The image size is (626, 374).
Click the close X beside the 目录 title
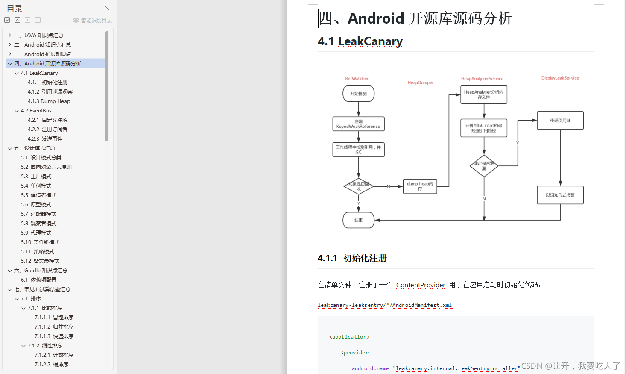point(107,8)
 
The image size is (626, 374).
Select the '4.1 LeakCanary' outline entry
point(39,73)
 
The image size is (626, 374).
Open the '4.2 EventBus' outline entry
point(36,111)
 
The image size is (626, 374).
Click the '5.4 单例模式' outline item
point(36,186)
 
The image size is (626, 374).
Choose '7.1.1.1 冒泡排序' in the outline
point(54,318)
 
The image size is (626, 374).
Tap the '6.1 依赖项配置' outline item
point(38,280)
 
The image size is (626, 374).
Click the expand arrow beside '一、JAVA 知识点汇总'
point(10,35)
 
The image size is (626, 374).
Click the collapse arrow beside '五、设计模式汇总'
point(10,148)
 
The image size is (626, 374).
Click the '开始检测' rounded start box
point(358,94)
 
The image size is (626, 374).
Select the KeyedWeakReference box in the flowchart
point(358,124)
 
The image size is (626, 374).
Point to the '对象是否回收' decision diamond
point(359,186)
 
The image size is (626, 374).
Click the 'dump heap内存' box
point(420,186)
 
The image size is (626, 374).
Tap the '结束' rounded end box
point(358,220)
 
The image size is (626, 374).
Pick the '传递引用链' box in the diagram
point(560,121)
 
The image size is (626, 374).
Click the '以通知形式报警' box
point(560,195)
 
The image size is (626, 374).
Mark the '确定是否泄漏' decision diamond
point(484,166)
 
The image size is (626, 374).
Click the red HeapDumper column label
point(421,82)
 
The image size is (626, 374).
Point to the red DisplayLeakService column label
point(560,78)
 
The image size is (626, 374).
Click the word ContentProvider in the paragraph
point(421,285)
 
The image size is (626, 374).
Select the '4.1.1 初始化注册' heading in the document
point(352,258)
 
